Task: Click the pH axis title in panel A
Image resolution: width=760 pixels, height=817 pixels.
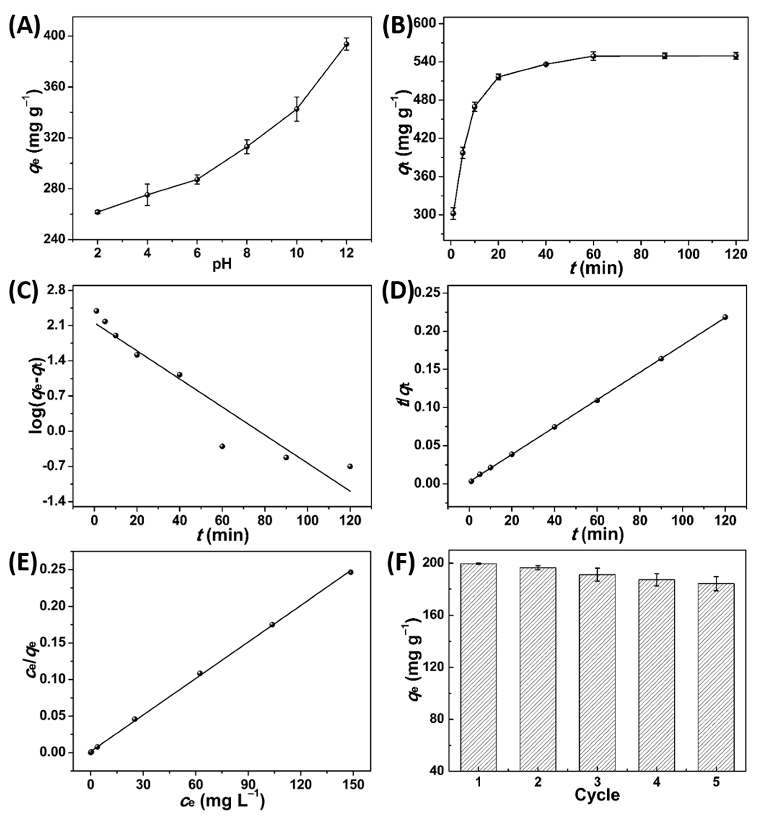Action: click(x=222, y=264)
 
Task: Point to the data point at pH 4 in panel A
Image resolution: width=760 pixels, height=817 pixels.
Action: click(x=147, y=195)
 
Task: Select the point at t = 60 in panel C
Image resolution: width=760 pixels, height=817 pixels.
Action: click(x=222, y=446)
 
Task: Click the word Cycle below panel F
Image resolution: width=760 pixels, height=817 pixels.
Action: click(x=597, y=795)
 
